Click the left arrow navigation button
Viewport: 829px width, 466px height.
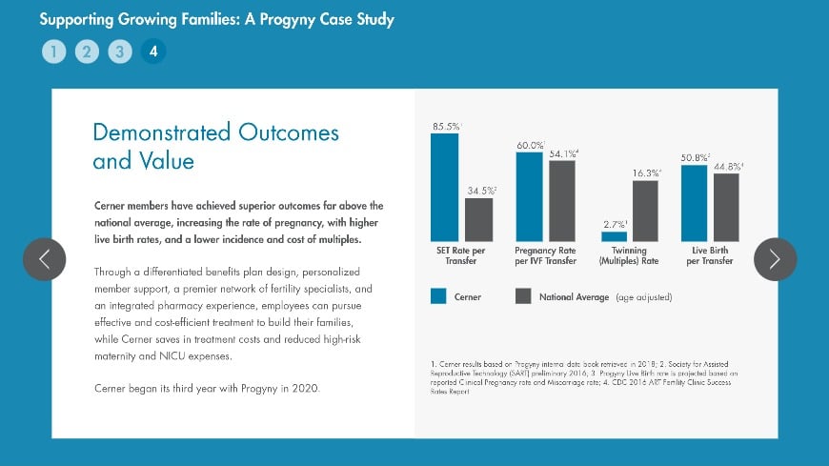(x=44, y=259)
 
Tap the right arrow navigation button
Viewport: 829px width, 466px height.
(x=775, y=259)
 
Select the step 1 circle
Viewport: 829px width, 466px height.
(x=53, y=51)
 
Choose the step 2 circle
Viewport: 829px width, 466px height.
(x=86, y=51)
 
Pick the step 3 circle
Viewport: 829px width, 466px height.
(x=119, y=51)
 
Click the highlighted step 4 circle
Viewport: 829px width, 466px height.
(x=152, y=51)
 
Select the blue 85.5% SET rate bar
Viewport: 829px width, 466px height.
(x=444, y=187)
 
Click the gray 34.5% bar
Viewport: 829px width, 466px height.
(x=478, y=219)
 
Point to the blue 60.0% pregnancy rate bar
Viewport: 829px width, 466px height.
(x=530, y=196)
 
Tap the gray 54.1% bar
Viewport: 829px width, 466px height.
(x=562, y=200)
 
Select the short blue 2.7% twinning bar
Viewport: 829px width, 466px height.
(x=615, y=236)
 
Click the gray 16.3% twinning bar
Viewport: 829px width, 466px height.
(x=645, y=211)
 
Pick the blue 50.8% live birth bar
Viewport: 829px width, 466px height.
(x=694, y=203)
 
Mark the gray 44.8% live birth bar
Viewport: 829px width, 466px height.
(x=726, y=207)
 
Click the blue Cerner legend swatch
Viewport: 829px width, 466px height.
(x=438, y=296)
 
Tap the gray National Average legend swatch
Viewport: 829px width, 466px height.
(x=522, y=296)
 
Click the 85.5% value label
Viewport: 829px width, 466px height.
(x=446, y=126)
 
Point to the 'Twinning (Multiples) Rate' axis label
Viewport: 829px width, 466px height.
(x=629, y=255)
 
